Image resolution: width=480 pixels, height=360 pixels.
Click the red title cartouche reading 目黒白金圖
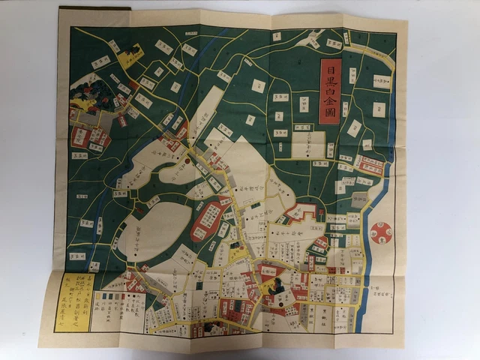pos(330,91)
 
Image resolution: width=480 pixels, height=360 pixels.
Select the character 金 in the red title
pos(330,98)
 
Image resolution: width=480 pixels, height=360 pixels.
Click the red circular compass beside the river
pos(381,234)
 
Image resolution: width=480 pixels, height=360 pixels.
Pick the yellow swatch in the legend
pos(99,297)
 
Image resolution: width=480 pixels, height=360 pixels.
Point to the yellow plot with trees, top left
pos(130,57)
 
